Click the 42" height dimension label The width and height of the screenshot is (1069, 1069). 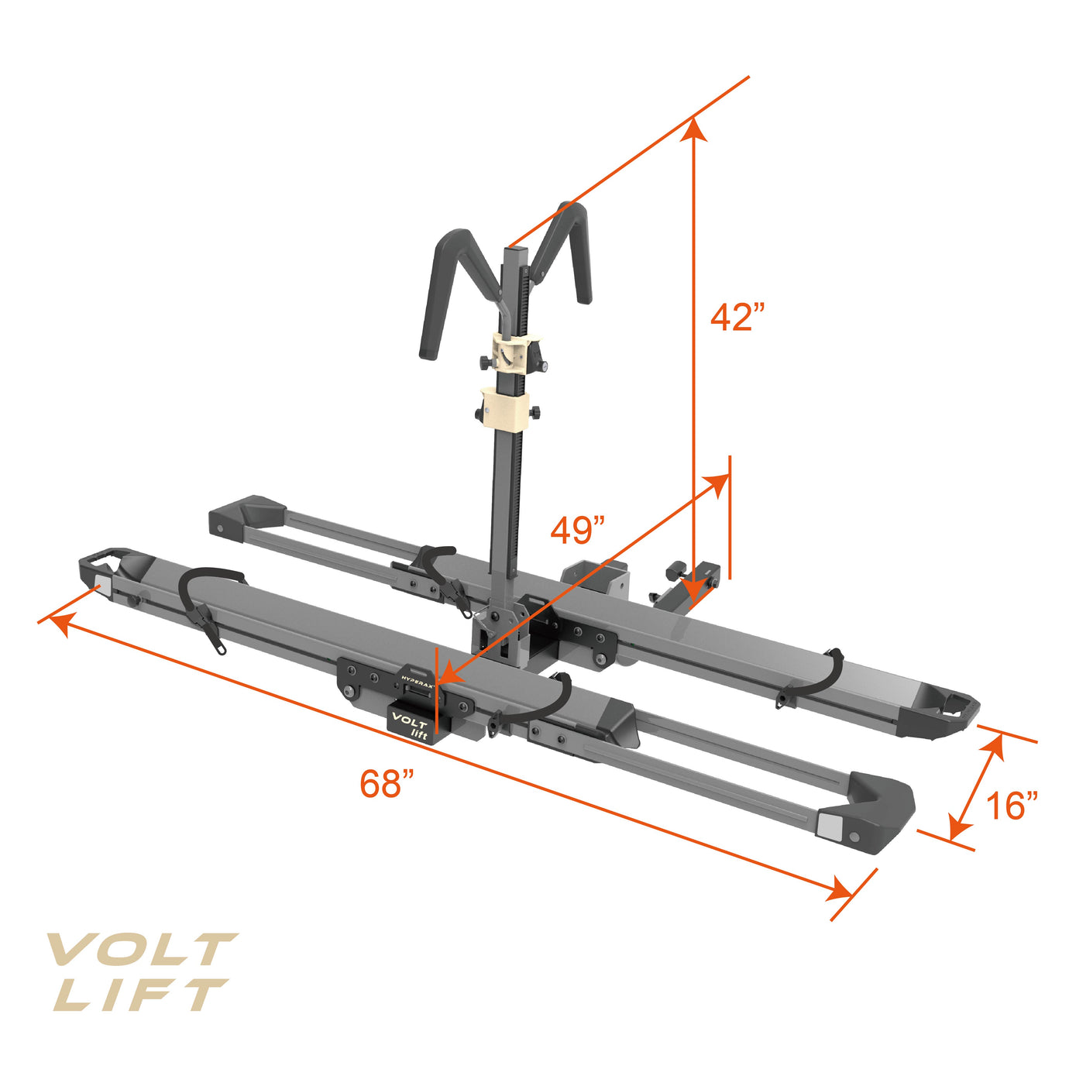coord(737,317)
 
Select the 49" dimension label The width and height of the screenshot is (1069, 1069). coord(578,531)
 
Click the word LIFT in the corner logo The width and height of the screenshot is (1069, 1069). coord(139,995)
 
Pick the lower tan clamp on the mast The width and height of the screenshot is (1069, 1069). coord(504,408)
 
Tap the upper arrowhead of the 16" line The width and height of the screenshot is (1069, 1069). coord(995,745)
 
